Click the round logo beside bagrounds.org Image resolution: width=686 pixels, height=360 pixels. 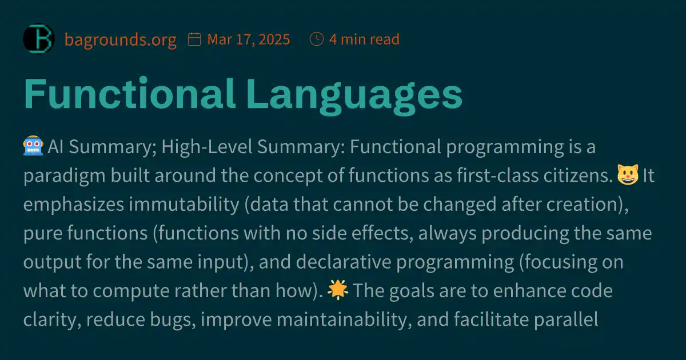coord(38,39)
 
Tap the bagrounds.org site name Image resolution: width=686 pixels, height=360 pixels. coord(120,39)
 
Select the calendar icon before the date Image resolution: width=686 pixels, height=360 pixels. coord(194,39)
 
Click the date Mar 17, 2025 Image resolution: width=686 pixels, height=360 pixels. coord(249,39)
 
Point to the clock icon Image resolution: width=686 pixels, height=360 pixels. coord(316,39)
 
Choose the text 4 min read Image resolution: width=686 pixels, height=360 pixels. coord(364,39)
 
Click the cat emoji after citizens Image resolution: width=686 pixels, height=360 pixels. coord(627,176)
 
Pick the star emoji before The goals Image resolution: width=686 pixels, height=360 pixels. coord(337,291)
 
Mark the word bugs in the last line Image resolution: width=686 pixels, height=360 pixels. coord(167,319)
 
